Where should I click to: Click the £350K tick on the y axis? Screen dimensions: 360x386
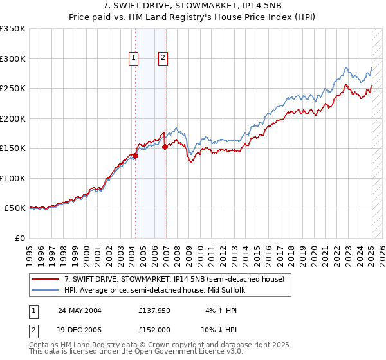(13, 29)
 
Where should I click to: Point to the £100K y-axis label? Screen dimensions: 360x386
(13, 178)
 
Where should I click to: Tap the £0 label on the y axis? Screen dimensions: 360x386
(20, 238)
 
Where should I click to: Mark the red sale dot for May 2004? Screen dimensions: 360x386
(136, 156)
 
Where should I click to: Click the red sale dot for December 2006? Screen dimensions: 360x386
(165, 147)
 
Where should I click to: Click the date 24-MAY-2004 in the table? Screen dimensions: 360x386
(79, 310)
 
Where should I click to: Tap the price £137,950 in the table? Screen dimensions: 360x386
(154, 310)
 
